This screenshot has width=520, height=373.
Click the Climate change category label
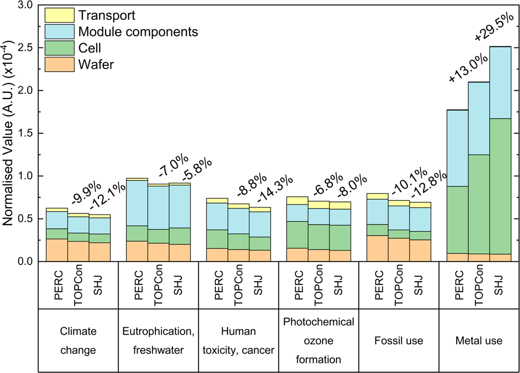pyautogui.click(x=78, y=341)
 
